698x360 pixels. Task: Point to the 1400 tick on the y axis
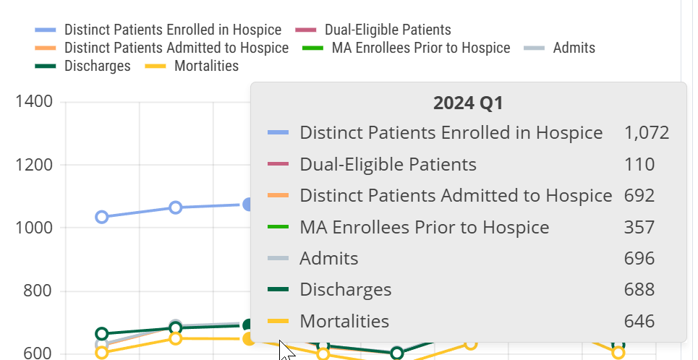[34, 101]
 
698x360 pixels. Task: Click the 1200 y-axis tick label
[34, 165]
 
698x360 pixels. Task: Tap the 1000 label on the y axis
[34, 228]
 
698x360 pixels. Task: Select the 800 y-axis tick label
[38, 291]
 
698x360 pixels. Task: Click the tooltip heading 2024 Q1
[468, 103]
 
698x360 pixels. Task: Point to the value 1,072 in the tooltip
[646, 133]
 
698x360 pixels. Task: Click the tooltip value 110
[639, 164]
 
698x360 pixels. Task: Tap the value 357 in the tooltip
[639, 228]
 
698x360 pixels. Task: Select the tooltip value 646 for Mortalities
[639, 322]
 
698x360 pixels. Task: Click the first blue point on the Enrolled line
[102, 217]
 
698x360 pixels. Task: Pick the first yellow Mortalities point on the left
[102, 353]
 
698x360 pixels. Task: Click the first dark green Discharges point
[102, 334]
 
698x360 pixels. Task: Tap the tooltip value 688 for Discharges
[639, 290]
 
